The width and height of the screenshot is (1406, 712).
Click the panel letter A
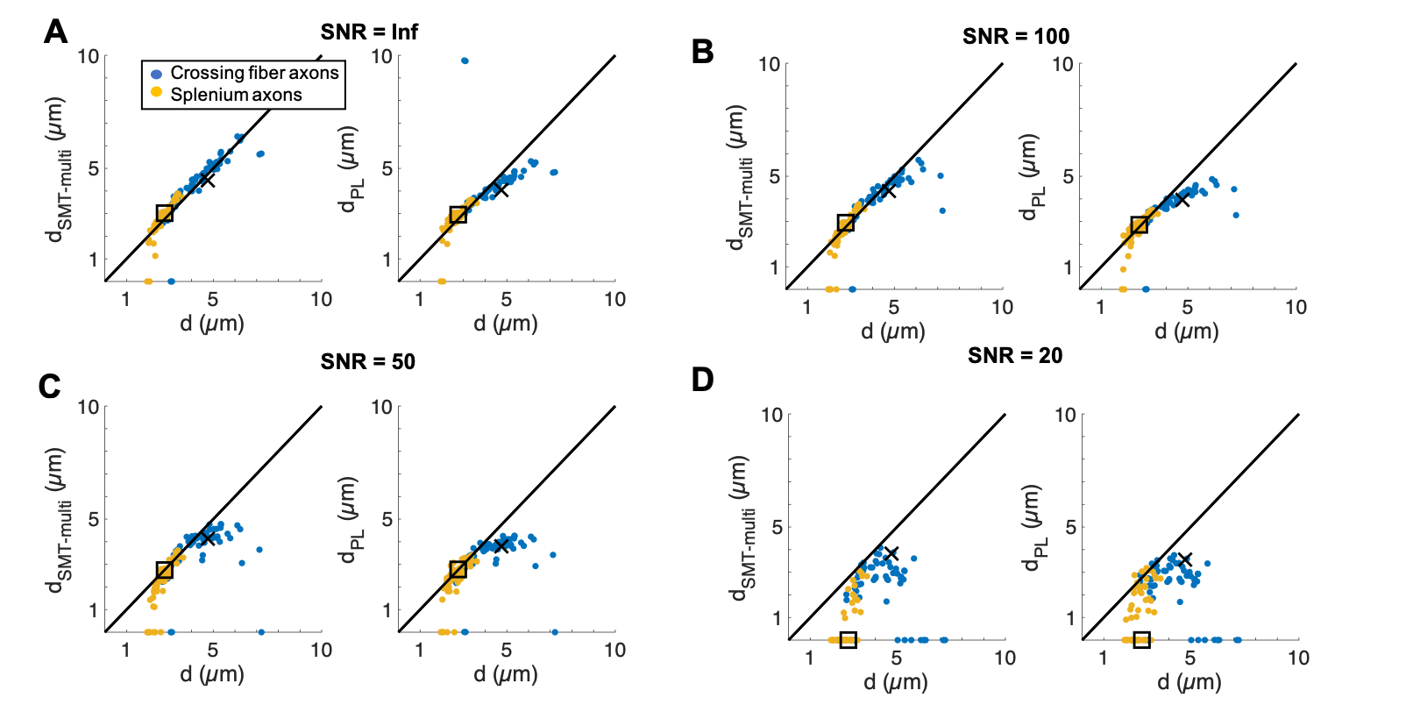[x=55, y=32]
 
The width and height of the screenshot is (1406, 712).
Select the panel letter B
[x=702, y=52]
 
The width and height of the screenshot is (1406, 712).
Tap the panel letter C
[x=50, y=386]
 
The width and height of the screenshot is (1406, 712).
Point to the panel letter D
[x=703, y=380]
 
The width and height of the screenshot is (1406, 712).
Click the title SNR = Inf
[x=369, y=32]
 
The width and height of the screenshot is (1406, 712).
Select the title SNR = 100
[x=1015, y=36]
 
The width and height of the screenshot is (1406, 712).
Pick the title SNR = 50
[x=367, y=361]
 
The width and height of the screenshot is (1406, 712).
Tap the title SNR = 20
[x=1015, y=355]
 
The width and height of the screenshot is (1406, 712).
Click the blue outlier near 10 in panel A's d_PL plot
[x=465, y=61]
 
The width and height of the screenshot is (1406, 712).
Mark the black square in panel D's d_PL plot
[x=1141, y=640]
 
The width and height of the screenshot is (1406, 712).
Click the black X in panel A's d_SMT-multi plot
[x=207, y=180]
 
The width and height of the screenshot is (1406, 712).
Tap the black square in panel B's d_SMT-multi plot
[x=845, y=224]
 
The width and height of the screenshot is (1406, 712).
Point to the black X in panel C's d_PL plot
[x=501, y=545]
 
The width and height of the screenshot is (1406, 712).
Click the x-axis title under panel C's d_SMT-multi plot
[x=212, y=674]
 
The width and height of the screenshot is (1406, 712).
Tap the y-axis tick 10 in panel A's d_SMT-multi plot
[x=89, y=57]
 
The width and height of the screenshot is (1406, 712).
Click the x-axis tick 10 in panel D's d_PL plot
[x=1297, y=658]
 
